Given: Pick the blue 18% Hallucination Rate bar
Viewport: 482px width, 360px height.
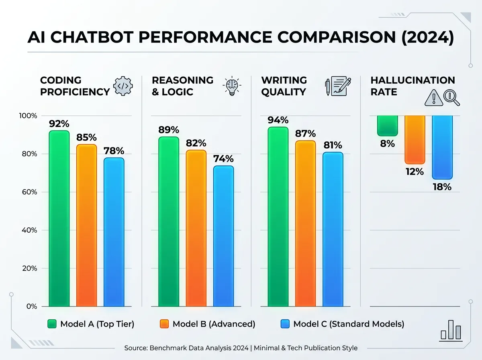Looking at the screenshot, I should tap(442, 147).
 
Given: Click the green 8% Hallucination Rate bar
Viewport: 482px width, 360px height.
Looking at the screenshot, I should tap(387, 125).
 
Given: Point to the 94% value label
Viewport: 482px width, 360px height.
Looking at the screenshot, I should tap(278, 120).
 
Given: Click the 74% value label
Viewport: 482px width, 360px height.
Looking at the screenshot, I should tap(223, 159).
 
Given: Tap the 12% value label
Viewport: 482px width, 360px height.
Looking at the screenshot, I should tap(415, 172).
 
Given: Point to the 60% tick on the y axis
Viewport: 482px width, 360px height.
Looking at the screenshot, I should tap(28, 192).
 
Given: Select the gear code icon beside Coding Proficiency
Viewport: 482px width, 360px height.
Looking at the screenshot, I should tap(123, 86).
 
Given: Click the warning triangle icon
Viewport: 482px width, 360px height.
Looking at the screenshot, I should tap(433, 98).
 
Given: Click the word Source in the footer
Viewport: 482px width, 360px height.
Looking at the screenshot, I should tap(135, 348).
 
